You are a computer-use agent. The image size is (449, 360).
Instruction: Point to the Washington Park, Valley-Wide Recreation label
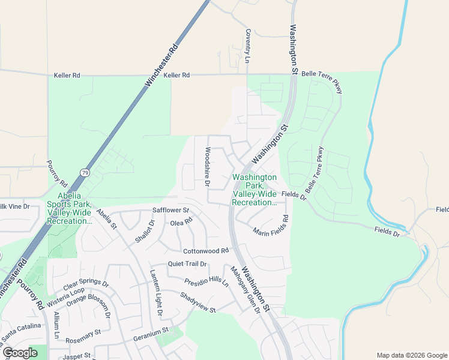255,190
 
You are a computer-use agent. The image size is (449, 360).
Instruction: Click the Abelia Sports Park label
75,208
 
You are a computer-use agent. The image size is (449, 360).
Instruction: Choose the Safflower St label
170,211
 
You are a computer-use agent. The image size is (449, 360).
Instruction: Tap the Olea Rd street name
181,222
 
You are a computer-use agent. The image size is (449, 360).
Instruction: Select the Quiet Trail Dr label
187,263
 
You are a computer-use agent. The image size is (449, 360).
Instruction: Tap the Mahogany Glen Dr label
243,289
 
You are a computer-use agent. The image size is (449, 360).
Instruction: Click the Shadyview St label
197,302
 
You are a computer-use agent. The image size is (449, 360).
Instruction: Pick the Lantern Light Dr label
156,293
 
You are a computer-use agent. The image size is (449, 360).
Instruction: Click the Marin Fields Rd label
271,227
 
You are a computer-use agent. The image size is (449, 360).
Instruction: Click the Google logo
20,353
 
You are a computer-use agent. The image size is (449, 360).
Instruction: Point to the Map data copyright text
411,355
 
